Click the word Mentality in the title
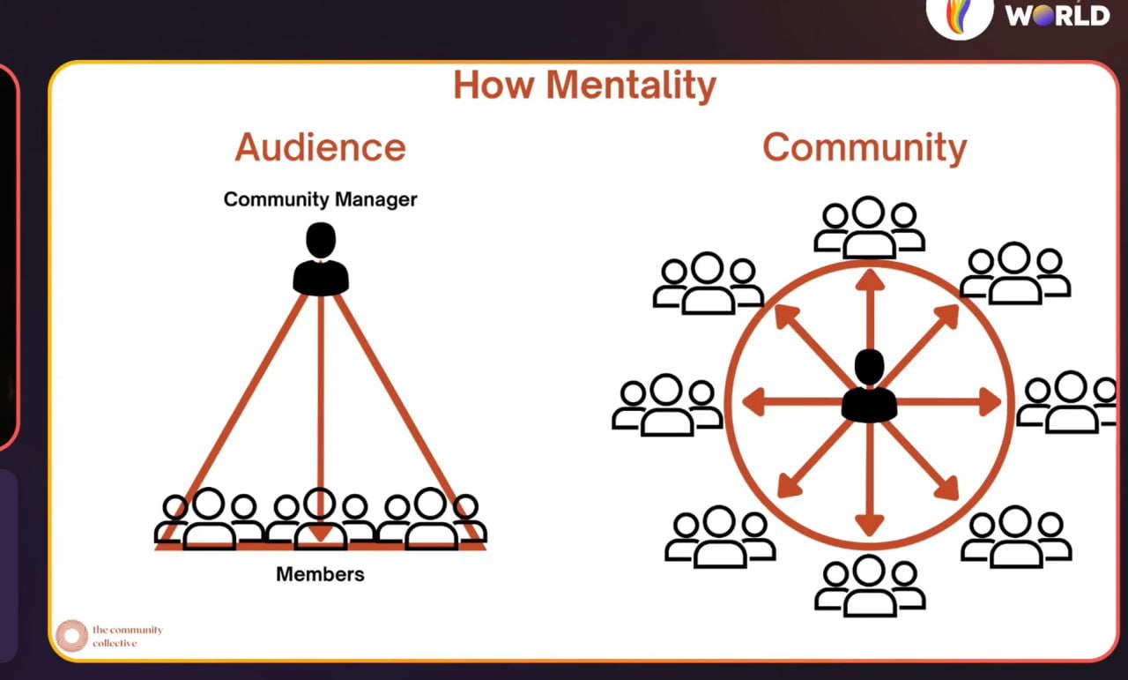coord(631,86)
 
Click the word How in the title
coord(494,85)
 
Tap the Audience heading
coord(320,147)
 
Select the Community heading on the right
coord(865,148)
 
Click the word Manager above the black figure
coord(376,199)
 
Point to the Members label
coord(320,574)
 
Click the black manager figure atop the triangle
coord(321,258)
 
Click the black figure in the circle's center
coord(869,385)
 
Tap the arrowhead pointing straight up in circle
coord(870,280)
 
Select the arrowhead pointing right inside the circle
coord(990,402)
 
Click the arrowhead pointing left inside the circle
coord(753,402)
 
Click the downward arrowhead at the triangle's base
coord(320,534)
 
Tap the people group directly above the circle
coord(869,228)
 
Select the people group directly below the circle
coord(870,586)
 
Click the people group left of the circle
coord(667,405)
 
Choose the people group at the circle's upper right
coord(1014,273)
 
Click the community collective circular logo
coord(71,636)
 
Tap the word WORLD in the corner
coord(1057,16)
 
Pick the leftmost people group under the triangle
coord(209,519)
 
